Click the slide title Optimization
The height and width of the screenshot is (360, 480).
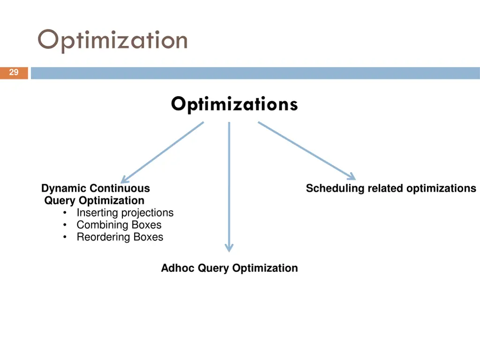(x=112, y=40)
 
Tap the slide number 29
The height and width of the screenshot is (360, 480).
(x=14, y=73)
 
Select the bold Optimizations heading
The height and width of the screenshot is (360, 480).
(x=234, y=104)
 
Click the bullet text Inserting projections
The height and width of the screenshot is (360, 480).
(x=125, y=213)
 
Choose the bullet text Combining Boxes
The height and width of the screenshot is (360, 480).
(x=119, y=225)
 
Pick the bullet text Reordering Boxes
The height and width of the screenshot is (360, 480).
(x=120, y=237)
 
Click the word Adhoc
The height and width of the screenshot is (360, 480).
(x=178, y=268)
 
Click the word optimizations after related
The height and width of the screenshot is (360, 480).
(x=441, y=188)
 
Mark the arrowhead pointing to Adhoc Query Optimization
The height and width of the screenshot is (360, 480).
(x=229, y=247)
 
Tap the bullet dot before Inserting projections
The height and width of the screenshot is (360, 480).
(x=64, y=213)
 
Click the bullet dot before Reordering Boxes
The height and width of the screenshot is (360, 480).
(x=64, y=238)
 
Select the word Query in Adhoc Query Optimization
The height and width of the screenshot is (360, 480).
(x=213, y=268)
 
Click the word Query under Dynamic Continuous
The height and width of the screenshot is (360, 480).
(x=60, y=201)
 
